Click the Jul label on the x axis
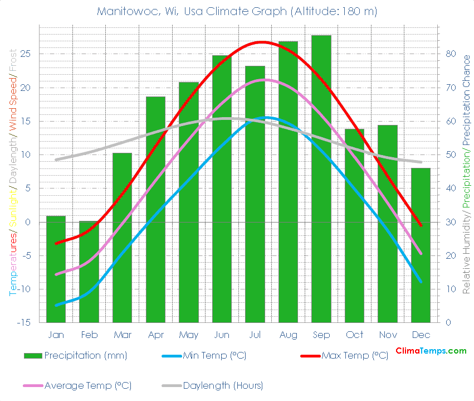coord(255,335)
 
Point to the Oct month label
coord(354,335)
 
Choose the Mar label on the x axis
coord(122,335)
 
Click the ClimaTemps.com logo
coord(431,351)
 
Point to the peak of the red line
coord(261,42)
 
